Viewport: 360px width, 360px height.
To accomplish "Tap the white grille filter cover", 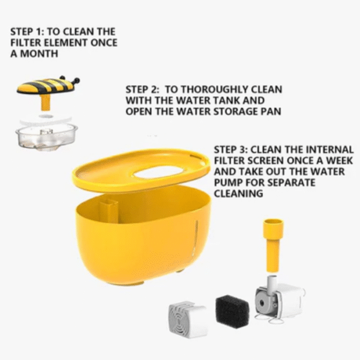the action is (x=188, y=318).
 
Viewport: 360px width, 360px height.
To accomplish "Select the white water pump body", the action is (x=280, y=298).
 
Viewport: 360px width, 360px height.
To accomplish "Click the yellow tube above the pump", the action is (x=273, y=245).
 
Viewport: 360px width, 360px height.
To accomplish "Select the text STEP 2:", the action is (x=142, y=89).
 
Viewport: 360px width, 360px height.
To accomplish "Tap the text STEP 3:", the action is (x=231, y=149).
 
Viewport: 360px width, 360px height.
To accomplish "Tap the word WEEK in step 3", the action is (x=340, y=161).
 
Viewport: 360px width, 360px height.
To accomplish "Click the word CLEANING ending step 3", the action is (x=239, y=194).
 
